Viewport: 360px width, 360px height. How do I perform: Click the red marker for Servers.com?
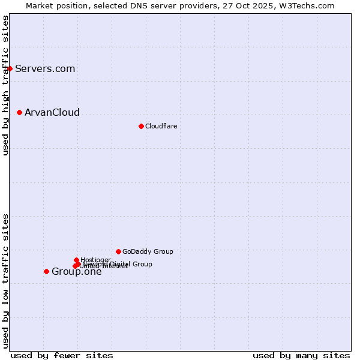pyautogui.click(x=10, y=68)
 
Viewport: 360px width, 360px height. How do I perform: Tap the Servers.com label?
pyautogui.click(x=45, y=68)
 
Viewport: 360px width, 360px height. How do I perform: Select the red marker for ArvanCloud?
pyautogui.click(x=20, y=112)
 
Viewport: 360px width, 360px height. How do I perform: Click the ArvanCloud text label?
pyautogui.click(x=52, y=112)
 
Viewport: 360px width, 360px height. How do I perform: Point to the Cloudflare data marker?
pyautogui.click(x=141, y=126)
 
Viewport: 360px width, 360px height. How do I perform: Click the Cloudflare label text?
pyautogui.click(x=161, y=126)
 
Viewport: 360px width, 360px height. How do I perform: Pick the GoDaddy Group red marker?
pyautogui.click(x=118, y=251)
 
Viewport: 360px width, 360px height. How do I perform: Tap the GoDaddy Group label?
pyautogui.click(x=148, y=251)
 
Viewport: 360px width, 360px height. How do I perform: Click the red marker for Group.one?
pyautogui.click(x=46, y=271)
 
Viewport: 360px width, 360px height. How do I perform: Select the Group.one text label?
pyautogui.click(x=76, y=271)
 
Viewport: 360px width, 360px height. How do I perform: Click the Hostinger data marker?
pyautogui.click(x=76, y=260)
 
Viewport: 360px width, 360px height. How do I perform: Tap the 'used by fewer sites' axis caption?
pyautogui.click(x=62, y=355)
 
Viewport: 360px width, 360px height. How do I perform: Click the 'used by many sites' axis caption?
pyautogui.click(x=301, y=355)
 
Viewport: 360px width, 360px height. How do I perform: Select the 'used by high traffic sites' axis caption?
pyautogui.click(x=5, y=85)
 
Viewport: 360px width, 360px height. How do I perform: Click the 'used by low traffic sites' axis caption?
pyautogui.click(x=5, y=281)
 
